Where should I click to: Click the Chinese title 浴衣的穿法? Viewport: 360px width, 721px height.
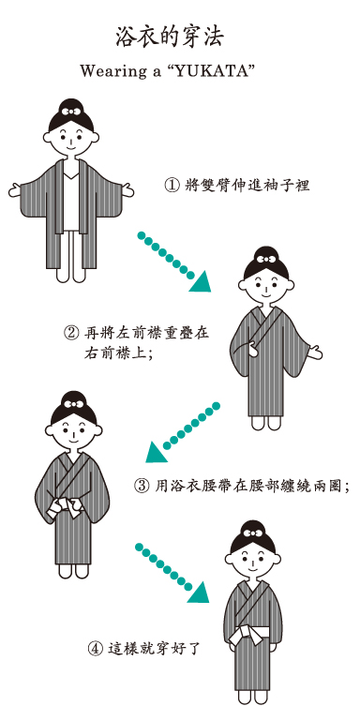170,38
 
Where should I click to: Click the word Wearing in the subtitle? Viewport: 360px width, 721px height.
108,72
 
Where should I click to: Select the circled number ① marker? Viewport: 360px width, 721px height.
171,185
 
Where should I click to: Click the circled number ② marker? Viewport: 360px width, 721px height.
70,332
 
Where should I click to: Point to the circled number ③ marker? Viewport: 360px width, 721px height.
141,486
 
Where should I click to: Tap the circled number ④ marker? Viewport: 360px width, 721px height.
96,650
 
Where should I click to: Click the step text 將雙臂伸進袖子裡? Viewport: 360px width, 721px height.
247,185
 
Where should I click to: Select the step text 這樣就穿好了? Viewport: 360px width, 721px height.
154,650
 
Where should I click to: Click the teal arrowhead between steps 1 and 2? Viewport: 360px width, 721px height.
201,282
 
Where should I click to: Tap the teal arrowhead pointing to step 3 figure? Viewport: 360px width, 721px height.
157,452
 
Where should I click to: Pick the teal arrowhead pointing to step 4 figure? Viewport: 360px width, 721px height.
199,593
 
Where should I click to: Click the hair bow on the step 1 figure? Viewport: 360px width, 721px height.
71,112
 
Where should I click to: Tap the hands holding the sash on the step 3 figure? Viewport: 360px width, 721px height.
67,506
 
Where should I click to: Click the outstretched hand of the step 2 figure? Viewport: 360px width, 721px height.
314,353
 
